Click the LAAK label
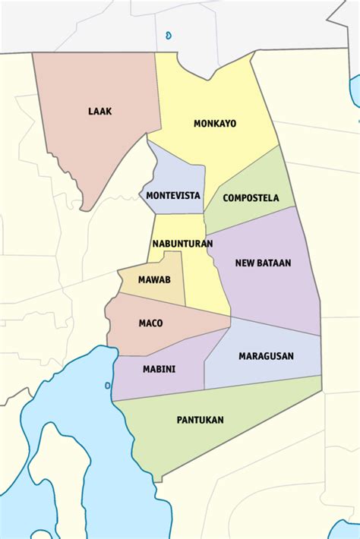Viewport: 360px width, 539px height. (99, 112)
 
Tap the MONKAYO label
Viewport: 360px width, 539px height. (214, 123)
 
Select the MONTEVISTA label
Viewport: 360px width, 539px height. (173, 195)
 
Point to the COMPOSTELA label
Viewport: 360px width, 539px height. (251, 198)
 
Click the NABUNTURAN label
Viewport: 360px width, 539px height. (182, 244)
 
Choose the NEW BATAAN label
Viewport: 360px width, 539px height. (263, 263)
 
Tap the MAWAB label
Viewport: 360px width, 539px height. (154, 279)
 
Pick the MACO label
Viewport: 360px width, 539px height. (150, 323)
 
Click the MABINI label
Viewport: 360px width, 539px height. (159, 369)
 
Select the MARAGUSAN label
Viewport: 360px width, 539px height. (266, 355)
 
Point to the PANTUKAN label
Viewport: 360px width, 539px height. (200, 419)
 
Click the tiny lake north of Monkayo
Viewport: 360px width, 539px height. (168, 34)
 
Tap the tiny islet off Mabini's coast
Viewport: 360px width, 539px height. (107, 385)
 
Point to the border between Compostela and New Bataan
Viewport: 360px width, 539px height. (247, 220)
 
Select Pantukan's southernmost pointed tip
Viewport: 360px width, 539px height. (158, 481)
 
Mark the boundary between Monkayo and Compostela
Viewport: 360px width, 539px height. (243, 169)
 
